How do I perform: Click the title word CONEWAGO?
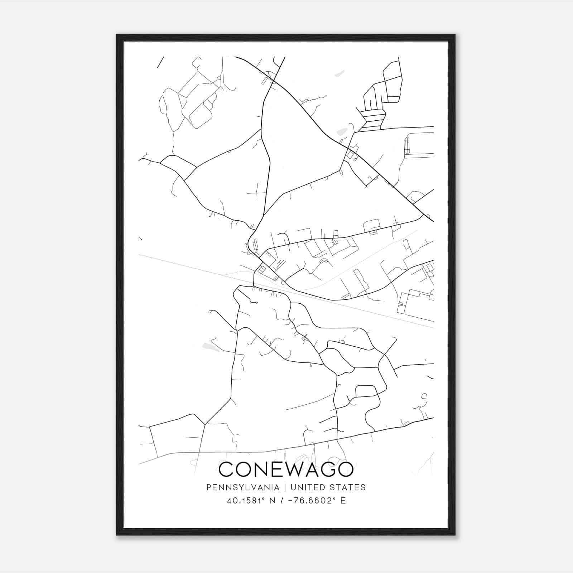click(x=286, y=470)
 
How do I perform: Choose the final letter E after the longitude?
click(x=343, y=501)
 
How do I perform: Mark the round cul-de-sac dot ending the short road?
click(x=257, y=303)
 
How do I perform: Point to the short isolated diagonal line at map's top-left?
click(x=160, y=62)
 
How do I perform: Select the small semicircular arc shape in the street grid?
click(x=324, y=261)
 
